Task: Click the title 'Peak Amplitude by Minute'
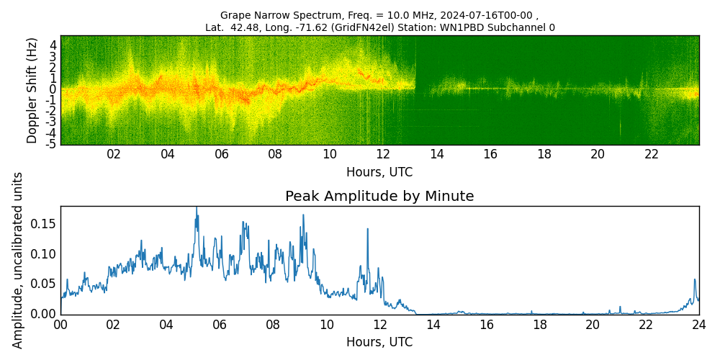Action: [x=379, y=197]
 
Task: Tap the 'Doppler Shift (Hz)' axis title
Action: [x=32, y=91]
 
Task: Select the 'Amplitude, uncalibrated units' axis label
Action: [x=18, y=260]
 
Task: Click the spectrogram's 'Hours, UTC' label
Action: [x=379, y=173]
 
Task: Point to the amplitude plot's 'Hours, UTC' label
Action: [x=379, y=342]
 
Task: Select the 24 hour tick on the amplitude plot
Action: [x=698, y=325]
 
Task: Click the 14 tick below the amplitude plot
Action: [x=433, y=325]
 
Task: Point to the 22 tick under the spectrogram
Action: [x=652, y=154]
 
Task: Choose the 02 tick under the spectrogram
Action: [x=114, y=154]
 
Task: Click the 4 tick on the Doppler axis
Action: [x=53, y=45]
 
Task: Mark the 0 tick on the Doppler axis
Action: [x=53, y=89]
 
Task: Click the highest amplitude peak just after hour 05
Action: [x=196, y=208]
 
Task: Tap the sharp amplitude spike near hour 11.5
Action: [x=367, y=229]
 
